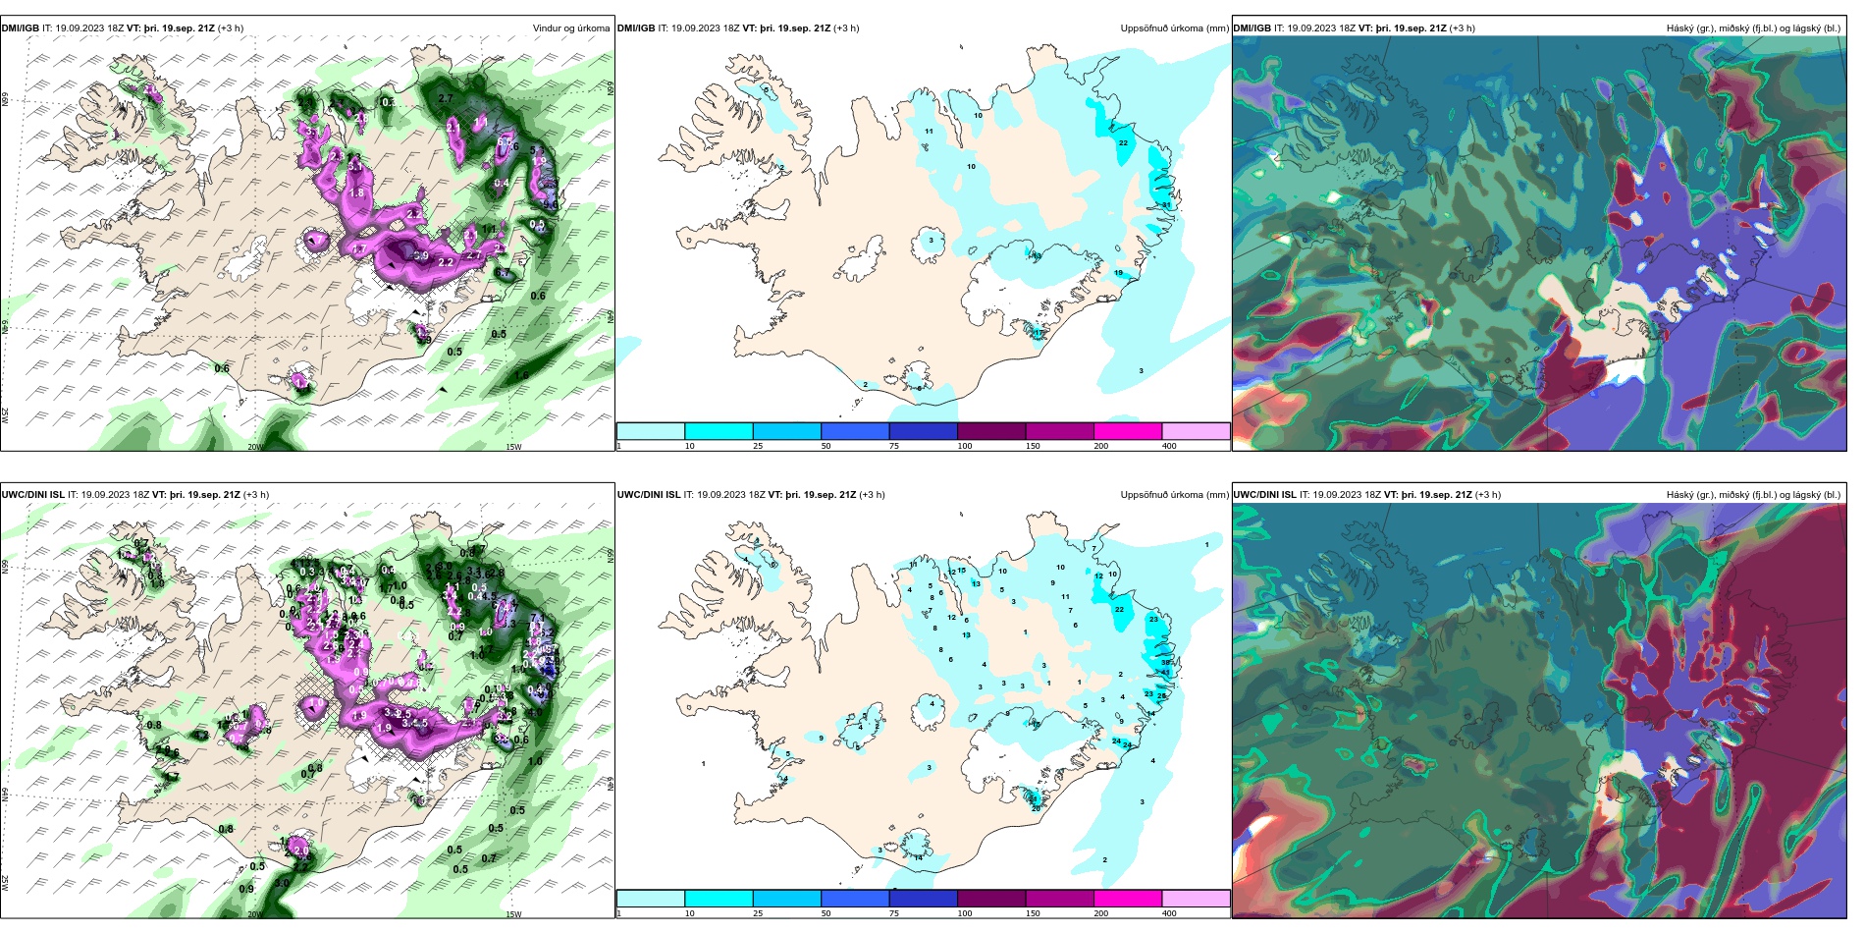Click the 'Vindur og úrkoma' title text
tap(570, 28)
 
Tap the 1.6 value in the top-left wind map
tap(521, 375)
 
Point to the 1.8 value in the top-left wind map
tap(357, 193)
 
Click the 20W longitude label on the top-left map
tap(254, 447)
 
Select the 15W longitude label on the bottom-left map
tap(512, 914)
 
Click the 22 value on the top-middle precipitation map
tap(1123, 143)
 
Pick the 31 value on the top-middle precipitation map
tap(1165, 204)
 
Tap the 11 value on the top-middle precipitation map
tap(929, 131)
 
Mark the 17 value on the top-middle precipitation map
tap(1039, 333)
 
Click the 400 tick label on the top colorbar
tap(1169, 446)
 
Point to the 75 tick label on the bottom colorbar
tap(894, 913)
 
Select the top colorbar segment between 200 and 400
tap(1196, 431)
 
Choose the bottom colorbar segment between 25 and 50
tap(854, 899)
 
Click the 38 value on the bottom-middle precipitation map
tap(1166, 662)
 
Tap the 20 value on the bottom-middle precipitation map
tap(1036, 808)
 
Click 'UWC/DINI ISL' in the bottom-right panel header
tap(1264, 495)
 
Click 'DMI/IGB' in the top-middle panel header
tap(636, 28)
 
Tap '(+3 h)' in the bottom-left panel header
tap(255, 495)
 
